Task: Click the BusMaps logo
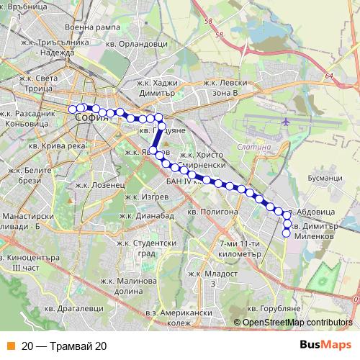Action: (325, 345)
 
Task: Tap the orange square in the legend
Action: (10, 346)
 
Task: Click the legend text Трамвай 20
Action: (65, 346)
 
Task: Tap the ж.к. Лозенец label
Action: (99, 184)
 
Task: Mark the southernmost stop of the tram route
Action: (286, 233)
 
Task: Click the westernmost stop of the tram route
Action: (72, 109)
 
